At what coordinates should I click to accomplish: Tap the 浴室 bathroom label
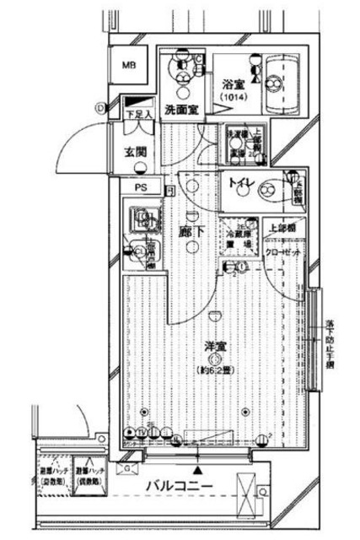[233, 84]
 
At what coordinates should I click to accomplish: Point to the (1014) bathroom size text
[233, 99]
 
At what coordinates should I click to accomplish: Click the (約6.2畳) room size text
[216, 370]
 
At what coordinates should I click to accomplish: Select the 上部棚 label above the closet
[282, 228]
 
